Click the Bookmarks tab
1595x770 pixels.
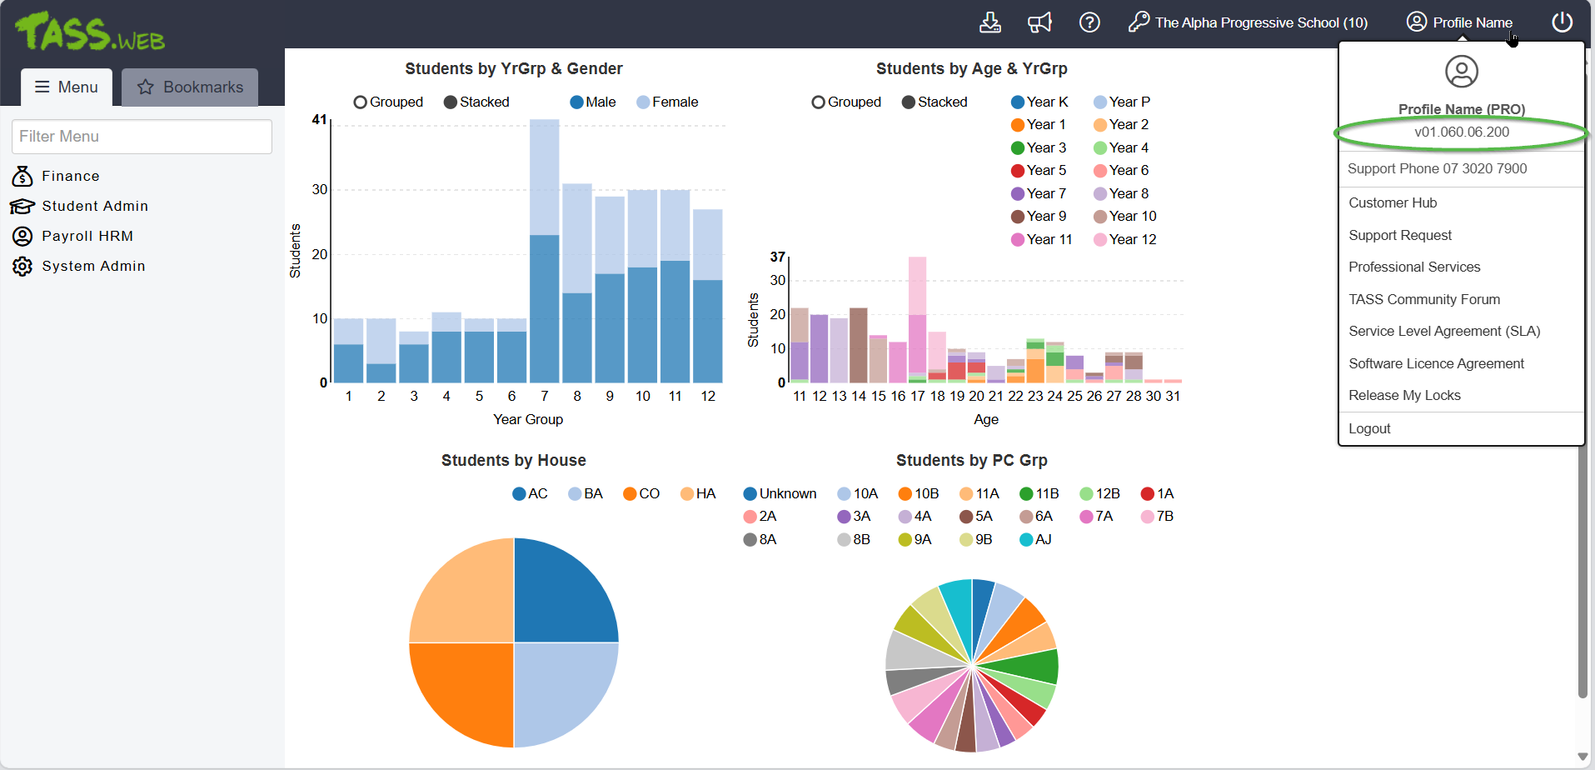point(190,87)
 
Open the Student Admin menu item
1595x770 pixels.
point(94,206)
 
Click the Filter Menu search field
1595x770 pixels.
point(142,137)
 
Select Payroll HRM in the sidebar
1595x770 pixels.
point(87,236)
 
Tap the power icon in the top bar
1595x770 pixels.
point(1562,22)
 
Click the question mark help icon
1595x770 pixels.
point(1089,22)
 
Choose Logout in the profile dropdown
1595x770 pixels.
point(1369,428)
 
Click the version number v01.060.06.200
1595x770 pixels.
point(1461,132)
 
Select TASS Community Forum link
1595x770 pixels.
point(1423,299)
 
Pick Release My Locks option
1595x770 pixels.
point(1404,395)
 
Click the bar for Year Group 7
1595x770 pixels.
point(544,250)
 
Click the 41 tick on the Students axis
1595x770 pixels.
point(319,120)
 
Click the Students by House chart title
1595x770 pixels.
point(513,460)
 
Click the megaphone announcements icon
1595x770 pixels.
point(1039,22)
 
